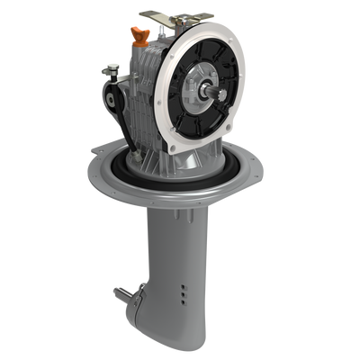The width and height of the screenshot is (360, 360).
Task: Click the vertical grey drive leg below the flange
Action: tap(171, 243)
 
